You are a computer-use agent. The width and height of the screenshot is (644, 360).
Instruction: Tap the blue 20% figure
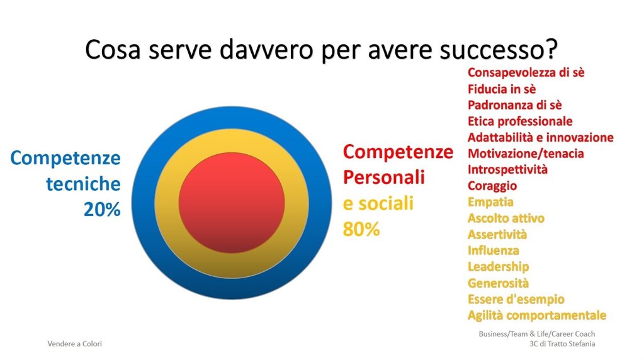click(102, 210)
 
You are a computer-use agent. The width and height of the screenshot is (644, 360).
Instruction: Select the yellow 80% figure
click(361, 230)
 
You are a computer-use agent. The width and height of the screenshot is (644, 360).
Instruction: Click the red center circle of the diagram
click(232, 203)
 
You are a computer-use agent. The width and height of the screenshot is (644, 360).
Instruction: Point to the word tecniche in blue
click(83, 184)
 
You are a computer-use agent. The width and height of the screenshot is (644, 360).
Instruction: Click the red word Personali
click(384, 177)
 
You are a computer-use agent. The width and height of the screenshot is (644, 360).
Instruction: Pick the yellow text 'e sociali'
click(378, 203)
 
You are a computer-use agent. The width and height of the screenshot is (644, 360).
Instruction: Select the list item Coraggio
click(492, 186)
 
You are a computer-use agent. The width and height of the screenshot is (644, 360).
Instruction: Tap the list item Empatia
click(490, 202)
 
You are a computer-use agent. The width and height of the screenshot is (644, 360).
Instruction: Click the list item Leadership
click(498, 267)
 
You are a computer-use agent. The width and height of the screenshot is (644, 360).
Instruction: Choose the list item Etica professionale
click(520, 121)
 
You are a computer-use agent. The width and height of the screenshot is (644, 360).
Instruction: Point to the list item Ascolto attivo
click(506, 218)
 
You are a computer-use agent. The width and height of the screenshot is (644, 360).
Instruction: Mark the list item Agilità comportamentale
click(537, 315)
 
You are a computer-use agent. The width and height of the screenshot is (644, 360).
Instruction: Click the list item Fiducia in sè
click(502, 89)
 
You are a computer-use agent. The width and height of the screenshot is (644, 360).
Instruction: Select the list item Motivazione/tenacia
click(526, 154)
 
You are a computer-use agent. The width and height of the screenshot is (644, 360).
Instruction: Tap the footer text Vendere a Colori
click(75, 344)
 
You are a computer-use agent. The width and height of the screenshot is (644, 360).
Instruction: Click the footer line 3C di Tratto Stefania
click(562, 344)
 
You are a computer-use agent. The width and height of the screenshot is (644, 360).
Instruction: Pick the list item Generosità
click(498, 283)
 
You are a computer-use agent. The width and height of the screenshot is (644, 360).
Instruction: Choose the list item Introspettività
click(507, 170)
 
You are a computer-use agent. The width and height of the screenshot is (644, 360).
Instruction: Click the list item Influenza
click(494, 250)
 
